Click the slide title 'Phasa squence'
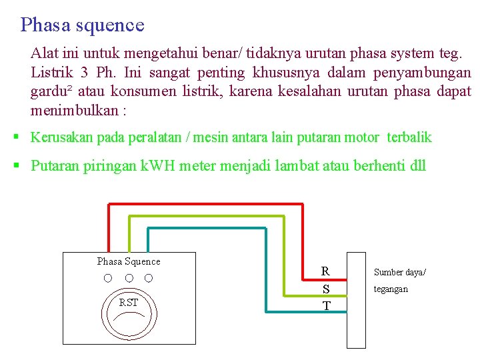(x=82, y=25)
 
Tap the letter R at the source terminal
(x=325, y=271)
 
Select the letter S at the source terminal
(x=326, y=289)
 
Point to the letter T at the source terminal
(x=326, y=306)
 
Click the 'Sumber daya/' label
(x=399, y=272)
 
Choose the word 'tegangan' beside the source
(x=391, y=289)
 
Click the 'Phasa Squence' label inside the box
(x=129, y=261)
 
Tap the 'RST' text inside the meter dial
(x=129, y=303)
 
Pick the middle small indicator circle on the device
(x=129, y=277)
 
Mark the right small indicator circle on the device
(x=149, y=277)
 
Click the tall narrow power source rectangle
(x=357, y=300)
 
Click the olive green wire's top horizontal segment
(x=207, y=217)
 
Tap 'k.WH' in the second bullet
(x=157, y=166)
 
